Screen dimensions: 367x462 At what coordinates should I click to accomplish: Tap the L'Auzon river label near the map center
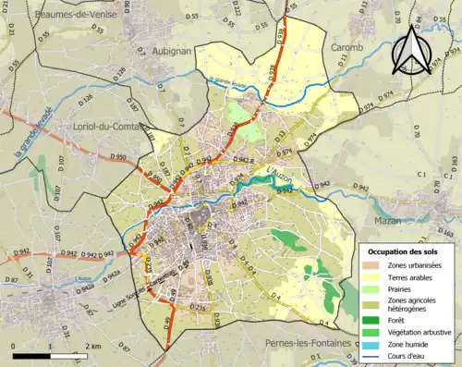(x=278, y=170)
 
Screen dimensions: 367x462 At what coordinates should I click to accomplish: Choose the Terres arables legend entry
(x=407, y=276)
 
